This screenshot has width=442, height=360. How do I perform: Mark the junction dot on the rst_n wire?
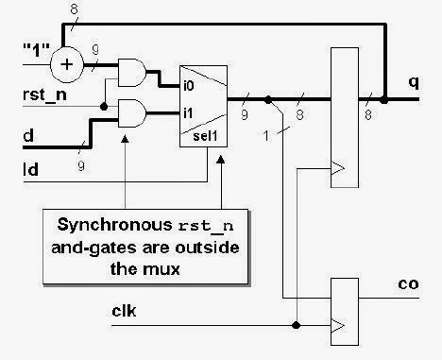click(102, 106)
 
